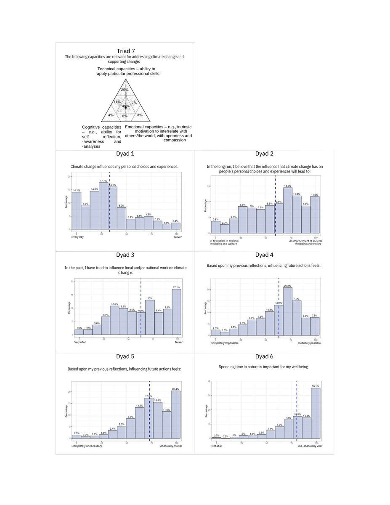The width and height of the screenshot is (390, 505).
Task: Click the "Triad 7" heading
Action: pyautogui.click(x=125, y=51)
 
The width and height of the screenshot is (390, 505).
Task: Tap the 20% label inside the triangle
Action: pyautogui.click(x=125, y=90)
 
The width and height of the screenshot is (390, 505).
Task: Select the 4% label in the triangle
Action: pyautogui.click(x=110, y=115)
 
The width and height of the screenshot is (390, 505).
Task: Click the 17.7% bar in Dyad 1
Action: pyautogui.click(x=103, y=206)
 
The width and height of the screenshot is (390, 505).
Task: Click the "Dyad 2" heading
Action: pyautogui.click(x=264, y=154)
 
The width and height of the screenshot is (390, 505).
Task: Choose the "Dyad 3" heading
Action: pyautogui.click(x=125, y=255)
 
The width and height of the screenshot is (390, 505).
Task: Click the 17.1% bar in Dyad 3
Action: pyautogui.click(x=176, y=311)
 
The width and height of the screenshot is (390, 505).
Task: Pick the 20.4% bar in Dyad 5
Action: pyautogui.click(x=176, y=415)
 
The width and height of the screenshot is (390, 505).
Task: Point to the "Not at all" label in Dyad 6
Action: pyautogui.click(x=217, y=446)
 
